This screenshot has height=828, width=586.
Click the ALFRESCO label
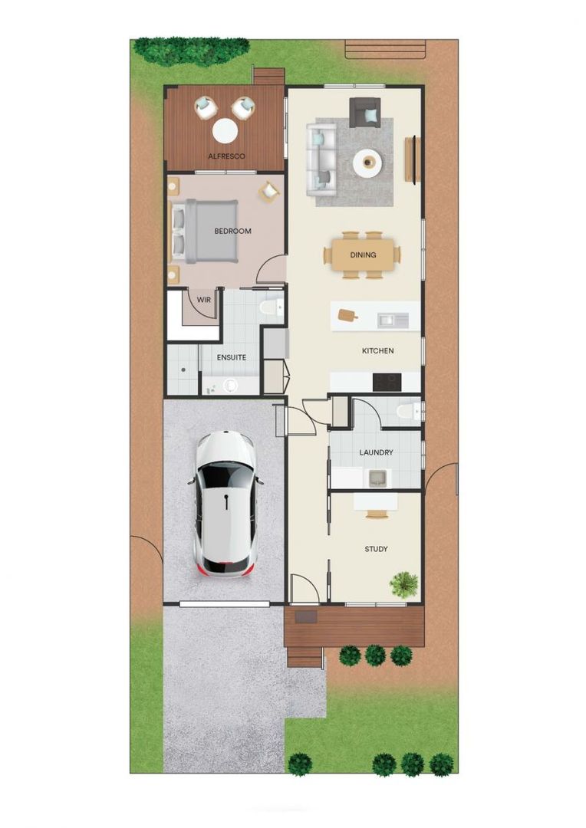[x=226, y=156]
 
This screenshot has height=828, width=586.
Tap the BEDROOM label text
[x=232, y=231]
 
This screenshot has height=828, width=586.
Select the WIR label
[x=203, y=300]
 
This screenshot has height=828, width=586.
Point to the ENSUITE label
[x=231, y=357]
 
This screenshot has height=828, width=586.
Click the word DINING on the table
[x=363, y=255]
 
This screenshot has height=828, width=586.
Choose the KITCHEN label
[x=378, y=350]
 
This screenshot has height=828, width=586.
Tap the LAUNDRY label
[x=376, y=452]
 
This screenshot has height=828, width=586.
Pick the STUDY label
[x=376, y=549]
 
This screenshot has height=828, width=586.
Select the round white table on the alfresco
[x=225, y=130]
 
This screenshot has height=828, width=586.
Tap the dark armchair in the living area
[x=364, y=112]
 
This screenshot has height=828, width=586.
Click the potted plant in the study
[x=404, y=584]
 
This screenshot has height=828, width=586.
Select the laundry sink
[x=378, y=478]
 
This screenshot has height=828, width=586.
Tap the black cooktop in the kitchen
[x=385, y=380]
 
